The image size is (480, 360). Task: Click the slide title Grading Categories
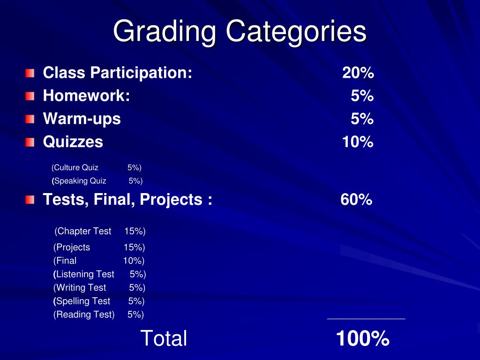point(240,32)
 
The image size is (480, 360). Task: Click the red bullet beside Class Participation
point(30,73)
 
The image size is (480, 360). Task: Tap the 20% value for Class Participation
point(358,73)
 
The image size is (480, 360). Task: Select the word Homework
point(86,96)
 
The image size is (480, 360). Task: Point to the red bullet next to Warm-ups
point(30,119)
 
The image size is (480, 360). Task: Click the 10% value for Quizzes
point(358,142)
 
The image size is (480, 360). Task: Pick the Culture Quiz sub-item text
point(75,167)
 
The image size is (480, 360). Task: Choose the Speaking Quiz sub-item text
point(79,181)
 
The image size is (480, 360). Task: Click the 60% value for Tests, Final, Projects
point(356,200)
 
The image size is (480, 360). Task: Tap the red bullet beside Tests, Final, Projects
point(30,200)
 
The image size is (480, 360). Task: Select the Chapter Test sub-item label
point(83,231)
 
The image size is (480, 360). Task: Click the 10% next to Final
point(134,261)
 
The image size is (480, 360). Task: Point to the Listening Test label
point(84,274)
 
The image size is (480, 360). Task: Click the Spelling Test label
point(82,301)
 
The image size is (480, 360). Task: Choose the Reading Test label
point(84,315)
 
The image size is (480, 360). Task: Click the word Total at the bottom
point(164,338)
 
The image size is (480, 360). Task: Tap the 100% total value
point(362,338)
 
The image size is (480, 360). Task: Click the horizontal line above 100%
point(366,319)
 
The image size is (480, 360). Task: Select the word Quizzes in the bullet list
point(73,142)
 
